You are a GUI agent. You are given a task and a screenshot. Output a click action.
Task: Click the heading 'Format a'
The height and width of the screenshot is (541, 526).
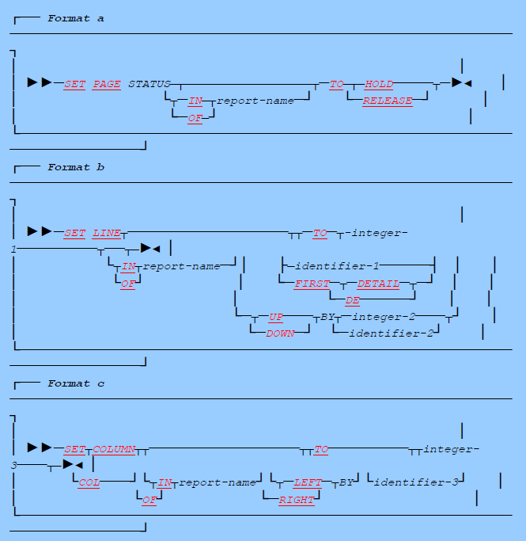[75, 18]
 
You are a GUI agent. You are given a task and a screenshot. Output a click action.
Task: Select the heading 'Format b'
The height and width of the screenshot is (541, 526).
[75, 167]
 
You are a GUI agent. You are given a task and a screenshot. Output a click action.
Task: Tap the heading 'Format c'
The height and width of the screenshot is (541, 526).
[75, 383]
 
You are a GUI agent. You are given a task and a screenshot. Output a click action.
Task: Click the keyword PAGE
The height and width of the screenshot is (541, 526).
[107, 83]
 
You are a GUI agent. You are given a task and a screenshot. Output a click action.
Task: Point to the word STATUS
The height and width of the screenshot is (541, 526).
[149, 83]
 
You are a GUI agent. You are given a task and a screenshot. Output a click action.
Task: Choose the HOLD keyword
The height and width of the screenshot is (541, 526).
[379, 83]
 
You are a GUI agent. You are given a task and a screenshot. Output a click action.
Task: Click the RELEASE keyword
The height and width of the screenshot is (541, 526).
[387, 101]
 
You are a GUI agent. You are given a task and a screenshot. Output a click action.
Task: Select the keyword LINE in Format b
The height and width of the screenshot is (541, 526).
[107, 233]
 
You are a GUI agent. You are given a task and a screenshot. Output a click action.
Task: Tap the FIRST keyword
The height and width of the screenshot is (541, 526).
[312, 283]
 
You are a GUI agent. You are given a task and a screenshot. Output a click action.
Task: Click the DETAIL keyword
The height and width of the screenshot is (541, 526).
[379, 283]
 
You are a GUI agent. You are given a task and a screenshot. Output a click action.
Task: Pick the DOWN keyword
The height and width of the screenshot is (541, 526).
[280, 333]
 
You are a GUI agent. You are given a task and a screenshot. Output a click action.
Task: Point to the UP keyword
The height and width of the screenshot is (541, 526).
[275, 317]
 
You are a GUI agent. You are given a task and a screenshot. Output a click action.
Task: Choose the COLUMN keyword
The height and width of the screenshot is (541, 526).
[115, 450]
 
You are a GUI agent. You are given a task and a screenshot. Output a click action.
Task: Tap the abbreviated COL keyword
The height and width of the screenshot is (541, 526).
[89, 482]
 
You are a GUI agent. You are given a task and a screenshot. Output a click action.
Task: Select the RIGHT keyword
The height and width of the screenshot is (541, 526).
[296, 500]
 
